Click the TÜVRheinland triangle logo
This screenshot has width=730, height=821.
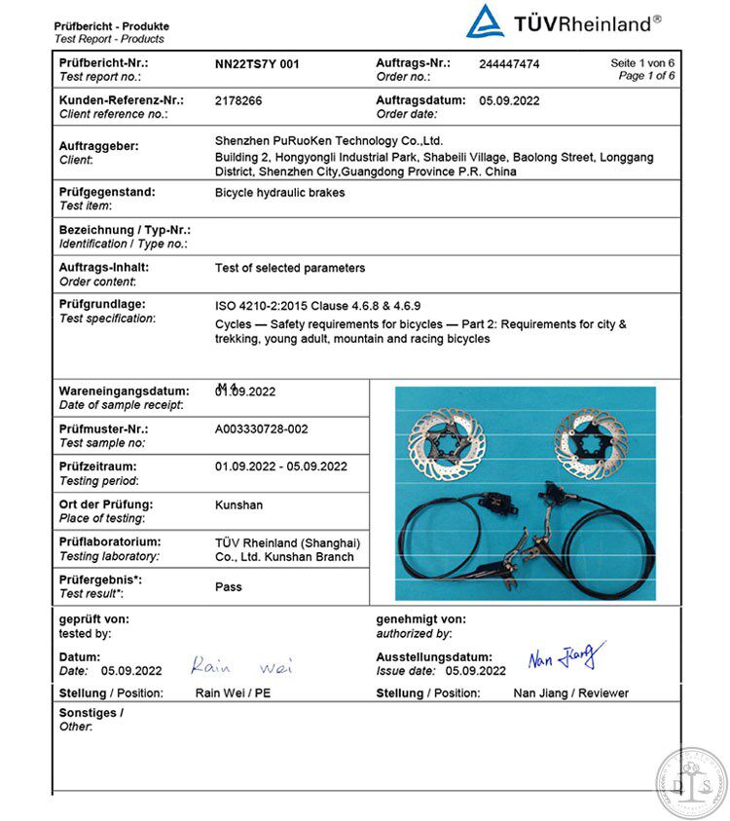(x=485, y=21)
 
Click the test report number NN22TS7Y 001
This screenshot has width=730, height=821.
(x=257, y=64)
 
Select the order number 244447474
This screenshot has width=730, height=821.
(x=509, y=64)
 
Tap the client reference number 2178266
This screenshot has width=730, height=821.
(x=238, y=100)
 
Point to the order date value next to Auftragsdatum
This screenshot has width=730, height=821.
(x=509, y=100)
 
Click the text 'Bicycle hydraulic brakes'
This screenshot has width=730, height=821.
(x=279, y=193)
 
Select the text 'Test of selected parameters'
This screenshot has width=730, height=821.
(x=290, y=268)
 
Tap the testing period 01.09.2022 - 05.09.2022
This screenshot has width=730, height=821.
(x=281, y=466)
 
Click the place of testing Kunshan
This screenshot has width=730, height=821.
(x=238, y=505)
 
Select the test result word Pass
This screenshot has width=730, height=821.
(x=229, y=587)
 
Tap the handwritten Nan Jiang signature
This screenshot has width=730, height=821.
(x=566, y=657)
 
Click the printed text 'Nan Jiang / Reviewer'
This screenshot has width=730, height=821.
(x=570, y=693)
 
